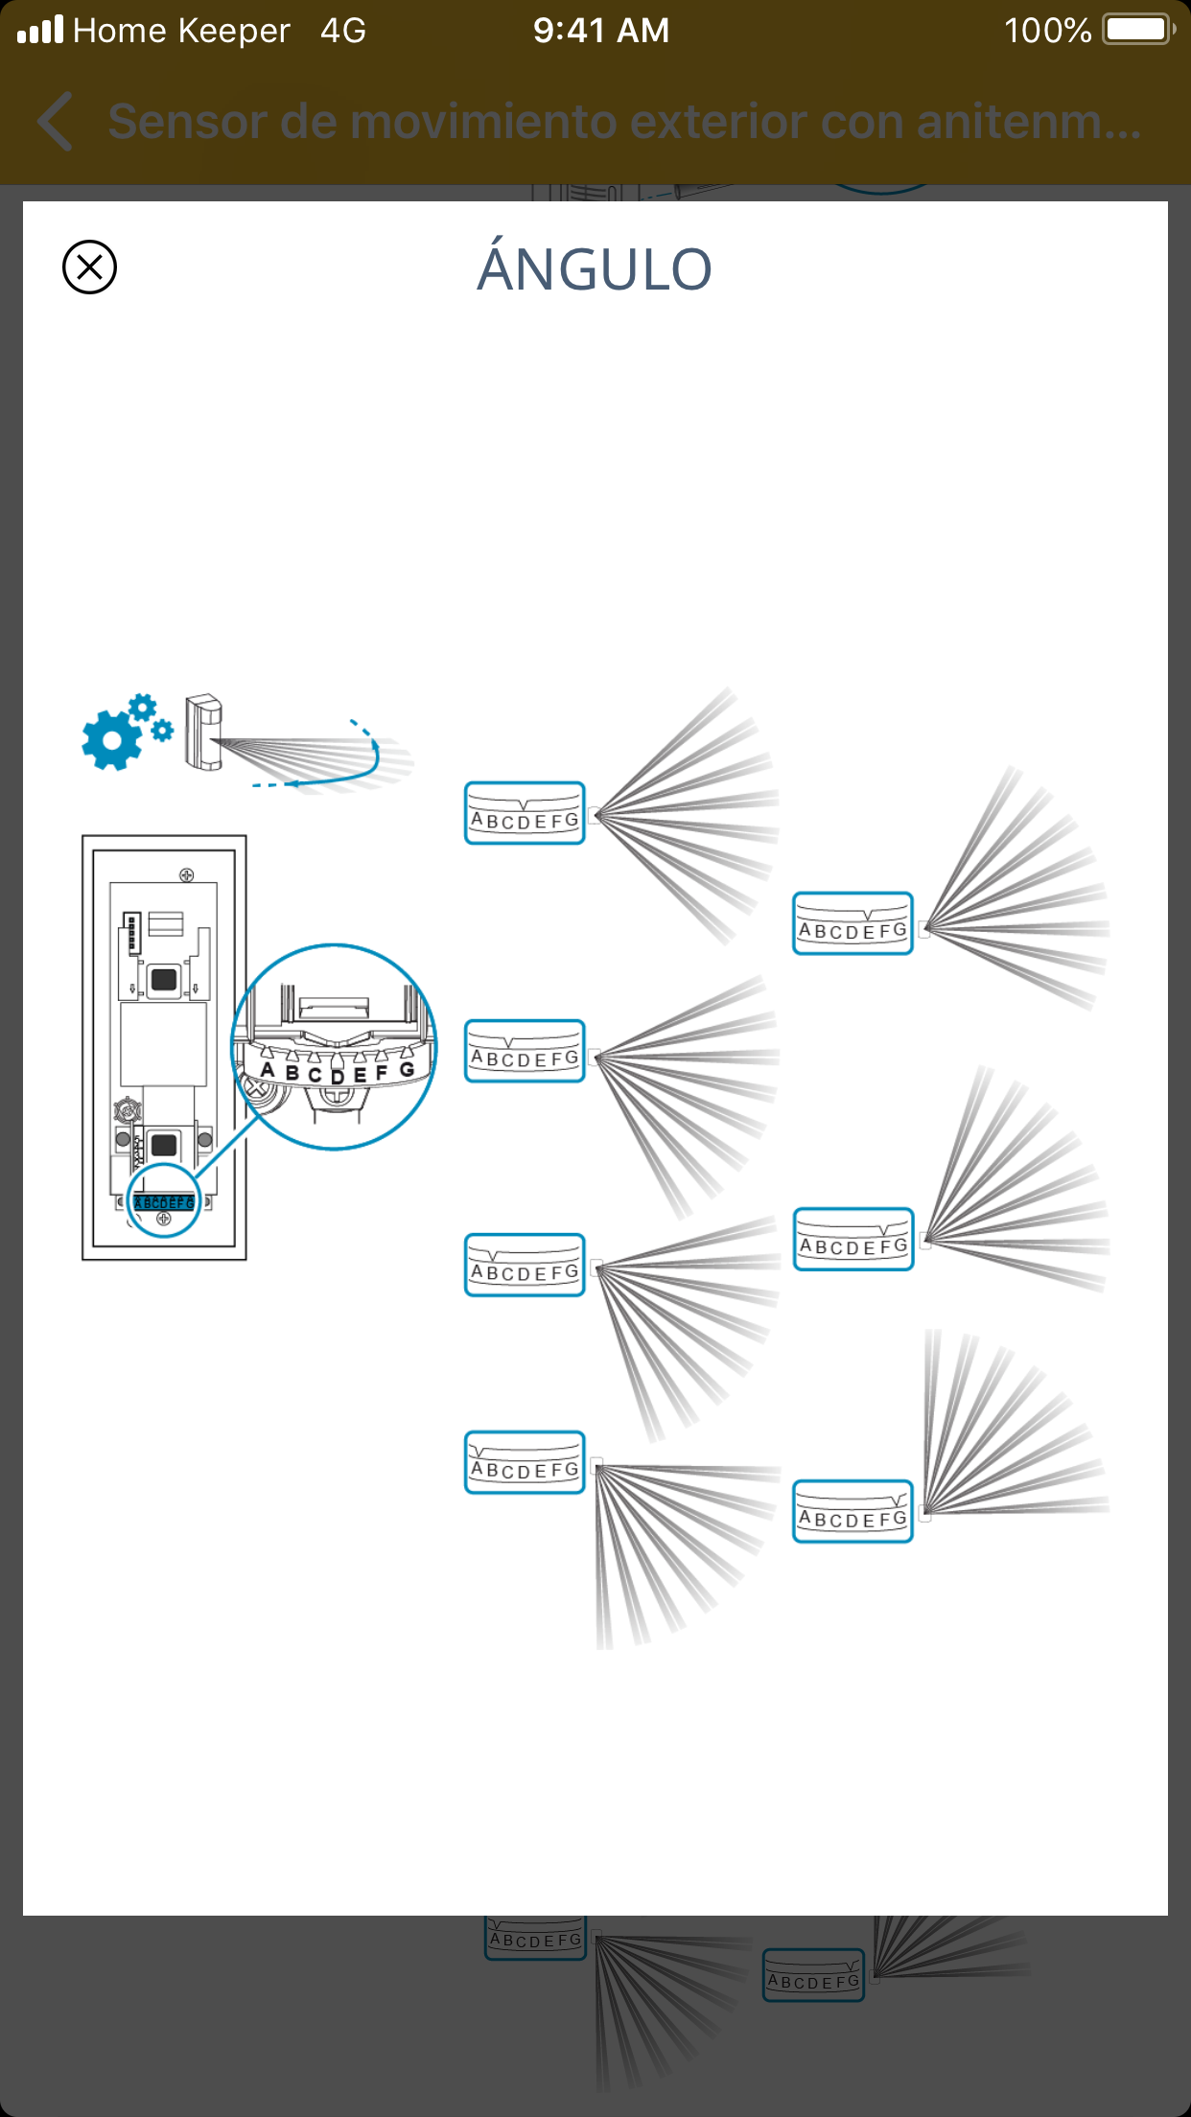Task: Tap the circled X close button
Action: point(89,267)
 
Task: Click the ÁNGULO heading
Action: point(595,268)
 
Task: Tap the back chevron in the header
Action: point(56,122)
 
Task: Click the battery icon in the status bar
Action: point(1138,30)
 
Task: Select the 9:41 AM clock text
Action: point(601,31)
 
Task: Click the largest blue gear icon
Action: point(112,739)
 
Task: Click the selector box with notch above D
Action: point(525,813)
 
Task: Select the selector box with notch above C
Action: point(525,1051)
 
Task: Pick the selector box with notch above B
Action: point(525,1265)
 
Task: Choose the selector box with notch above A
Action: point(525,1462)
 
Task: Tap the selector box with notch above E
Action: point(852,923)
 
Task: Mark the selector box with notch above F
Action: point(852,1239)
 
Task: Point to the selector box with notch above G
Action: point(852,1511)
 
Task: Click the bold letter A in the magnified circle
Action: point(268,1070)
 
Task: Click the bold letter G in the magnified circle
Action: point(407,1069)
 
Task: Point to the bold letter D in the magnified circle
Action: point(338,1077)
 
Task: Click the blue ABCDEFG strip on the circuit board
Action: point(164,1202)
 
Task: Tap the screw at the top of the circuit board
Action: point(186,874)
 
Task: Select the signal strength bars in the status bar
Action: point(40,30)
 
